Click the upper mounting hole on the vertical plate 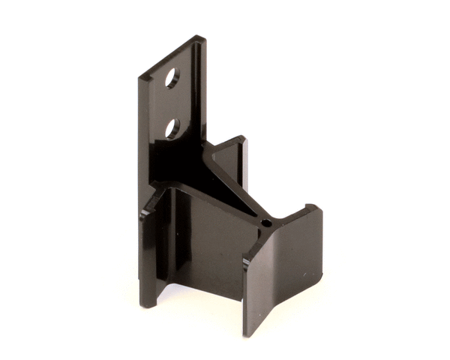tap(172, 78)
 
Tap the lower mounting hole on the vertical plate tap(172, 128)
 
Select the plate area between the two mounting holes tap(172, 103)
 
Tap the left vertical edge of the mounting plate tap(140, 135)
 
